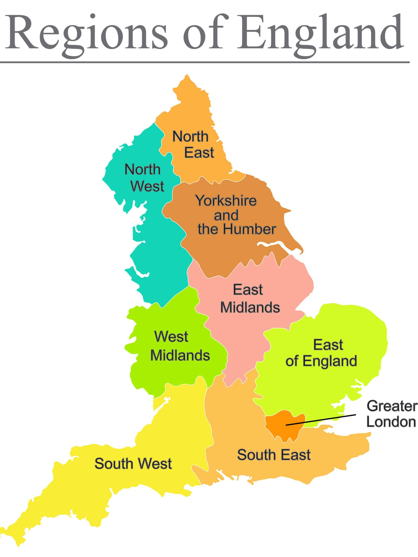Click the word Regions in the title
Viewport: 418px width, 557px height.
click(86, 33)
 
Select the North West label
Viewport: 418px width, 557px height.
click(144, 178)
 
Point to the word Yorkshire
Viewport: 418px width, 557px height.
click(226, 201)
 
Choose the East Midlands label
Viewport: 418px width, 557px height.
click(250, 298)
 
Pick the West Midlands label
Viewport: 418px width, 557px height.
click(180, 346)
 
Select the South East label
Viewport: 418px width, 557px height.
click(274, 455)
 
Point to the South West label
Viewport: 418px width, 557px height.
click(133, 463)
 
